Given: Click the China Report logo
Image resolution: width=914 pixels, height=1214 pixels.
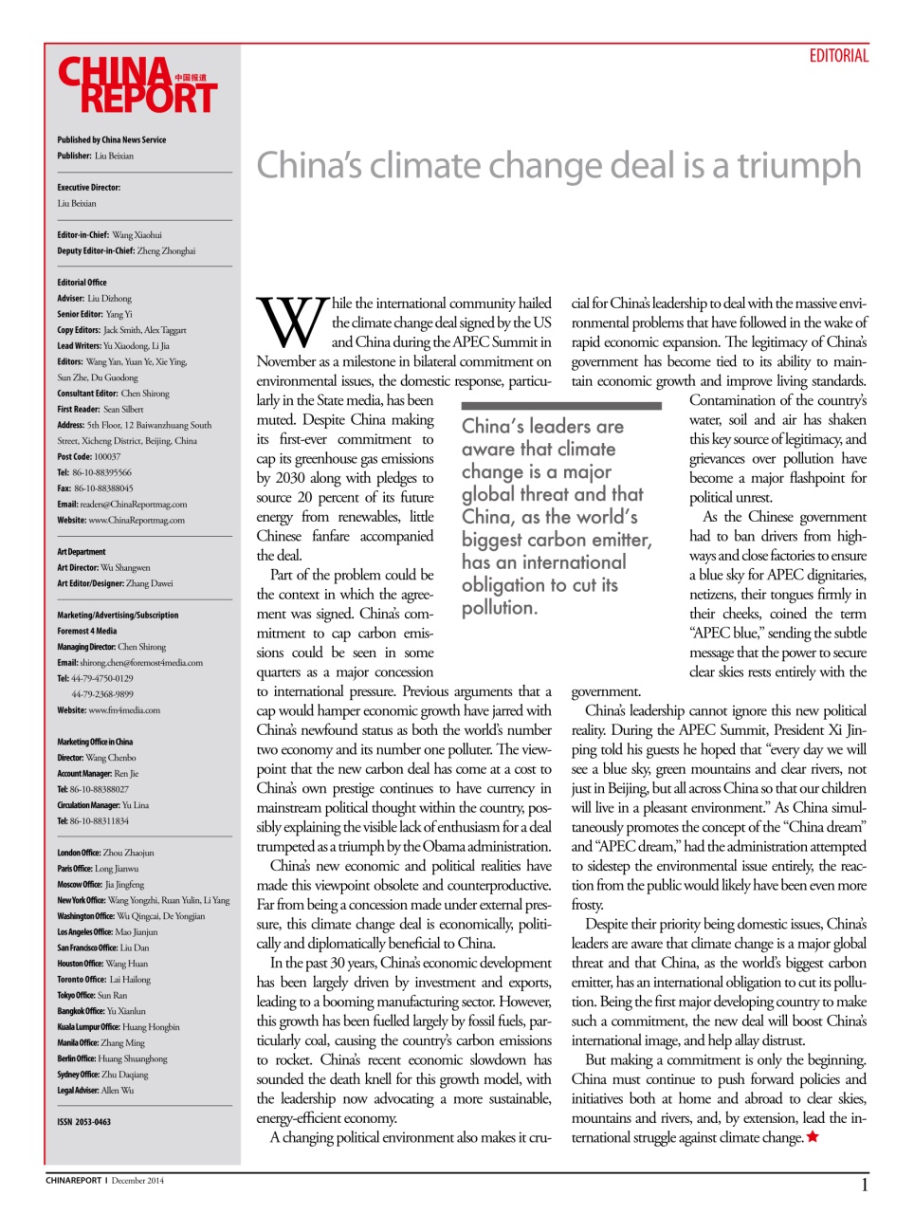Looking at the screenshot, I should click(137, 85).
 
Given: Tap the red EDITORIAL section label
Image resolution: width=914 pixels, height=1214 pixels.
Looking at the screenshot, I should click(838, 56).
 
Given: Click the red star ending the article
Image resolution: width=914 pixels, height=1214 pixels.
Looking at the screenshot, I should click(813, 1137).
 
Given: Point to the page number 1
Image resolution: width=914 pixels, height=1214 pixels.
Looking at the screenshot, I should click(864, 1185).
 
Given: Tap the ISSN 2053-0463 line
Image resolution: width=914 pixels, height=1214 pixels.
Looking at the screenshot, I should click(83, 1122).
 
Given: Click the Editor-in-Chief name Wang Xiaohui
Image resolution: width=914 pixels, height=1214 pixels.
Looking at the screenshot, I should click(137, 235).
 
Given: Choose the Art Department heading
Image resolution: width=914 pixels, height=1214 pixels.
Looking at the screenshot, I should click(82, 552).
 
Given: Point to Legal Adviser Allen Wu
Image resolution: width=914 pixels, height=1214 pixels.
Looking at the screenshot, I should click(95, 1091).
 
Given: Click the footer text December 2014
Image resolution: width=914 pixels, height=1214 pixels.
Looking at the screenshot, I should click(137, 1181).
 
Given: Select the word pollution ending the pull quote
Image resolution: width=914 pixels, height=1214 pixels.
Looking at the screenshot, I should click(499, 608).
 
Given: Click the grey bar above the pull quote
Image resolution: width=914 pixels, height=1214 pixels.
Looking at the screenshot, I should click(560, 406).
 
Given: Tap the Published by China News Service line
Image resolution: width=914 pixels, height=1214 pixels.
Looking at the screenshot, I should click(111, 140).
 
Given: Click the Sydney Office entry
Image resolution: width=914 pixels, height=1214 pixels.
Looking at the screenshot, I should click(102, 1075).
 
